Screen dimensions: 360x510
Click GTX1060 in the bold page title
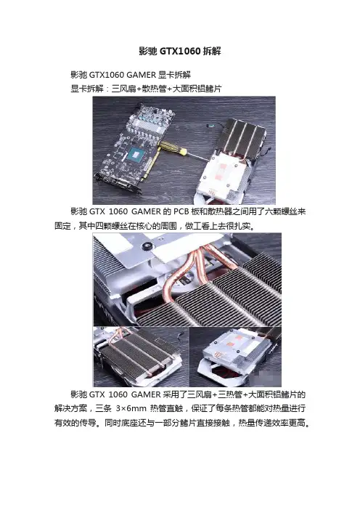coord(180,51)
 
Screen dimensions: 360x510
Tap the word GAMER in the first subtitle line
coord(141,75)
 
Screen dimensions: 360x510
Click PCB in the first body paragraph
coord(181,211)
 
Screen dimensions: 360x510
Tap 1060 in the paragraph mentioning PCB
coord(118,211)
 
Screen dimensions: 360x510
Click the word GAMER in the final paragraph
coord(146,394)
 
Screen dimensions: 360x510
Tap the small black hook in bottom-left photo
coord(180,335)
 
